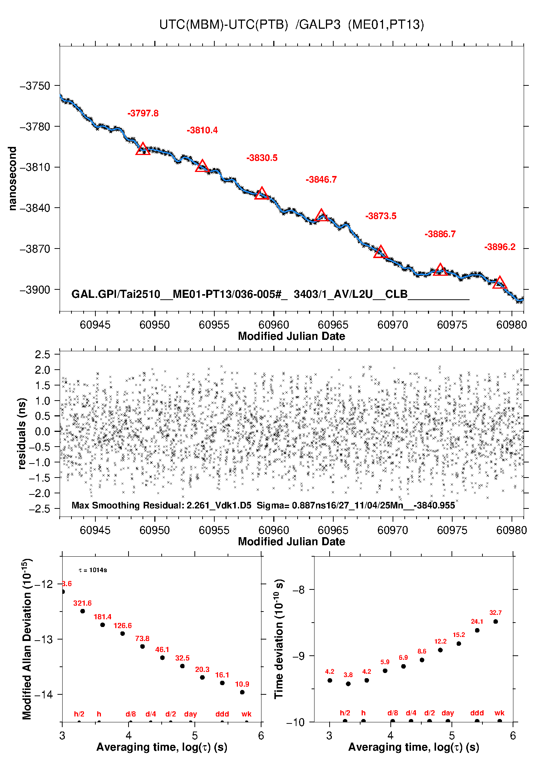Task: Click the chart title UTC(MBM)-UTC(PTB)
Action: [223, 25]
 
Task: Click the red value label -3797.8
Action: [143, 113]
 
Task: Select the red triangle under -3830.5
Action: [261, 193]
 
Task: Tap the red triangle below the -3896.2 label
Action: [499, 283]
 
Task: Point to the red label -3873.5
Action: [381, 216]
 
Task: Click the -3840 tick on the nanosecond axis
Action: [35, 208]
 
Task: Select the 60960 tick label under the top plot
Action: [274, 325]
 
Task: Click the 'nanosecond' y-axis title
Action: [13, 179]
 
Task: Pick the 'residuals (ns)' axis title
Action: [22, 433]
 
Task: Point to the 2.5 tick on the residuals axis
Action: [42, 355]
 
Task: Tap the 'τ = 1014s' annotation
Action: [93, 570]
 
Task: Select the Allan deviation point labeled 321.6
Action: [82, 611]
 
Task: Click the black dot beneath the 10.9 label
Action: [242, 692]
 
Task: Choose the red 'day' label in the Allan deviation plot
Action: [190, 714]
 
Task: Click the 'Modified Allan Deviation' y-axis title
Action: [27, 639]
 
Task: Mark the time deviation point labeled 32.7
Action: [496, 621]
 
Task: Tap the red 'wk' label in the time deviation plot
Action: [499, 713]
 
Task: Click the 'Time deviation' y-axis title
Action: [279, 639]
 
